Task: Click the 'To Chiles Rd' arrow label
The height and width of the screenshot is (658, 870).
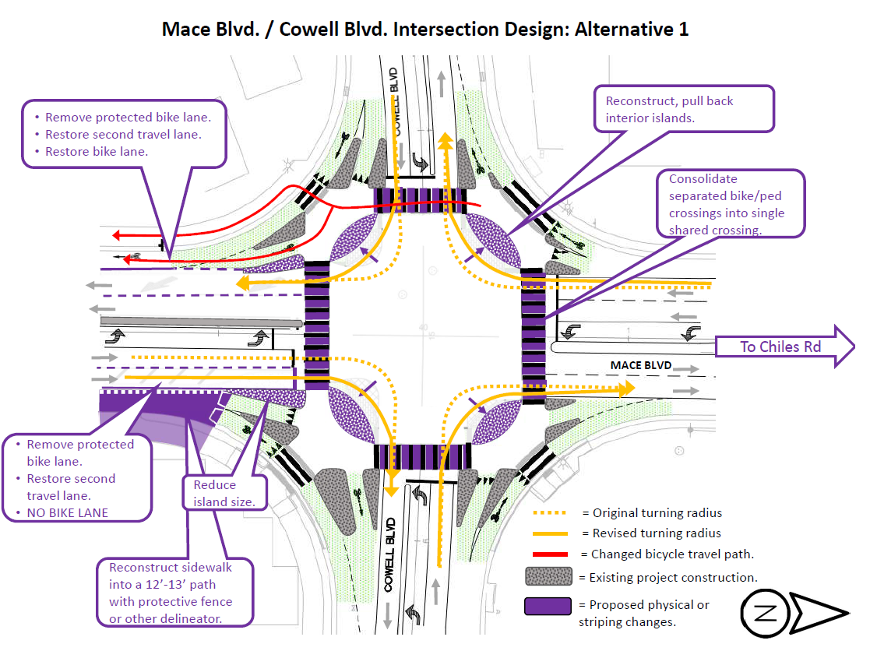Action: (780, 347)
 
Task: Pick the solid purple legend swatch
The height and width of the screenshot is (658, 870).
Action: (549, 607)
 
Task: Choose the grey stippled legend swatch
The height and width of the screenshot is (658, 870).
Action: (549, 577)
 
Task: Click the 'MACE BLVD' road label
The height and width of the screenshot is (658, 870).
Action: (642, 364)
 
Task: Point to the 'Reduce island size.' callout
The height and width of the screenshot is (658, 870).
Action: (224, 493)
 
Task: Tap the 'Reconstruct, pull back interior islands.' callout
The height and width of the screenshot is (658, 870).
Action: (689, 109)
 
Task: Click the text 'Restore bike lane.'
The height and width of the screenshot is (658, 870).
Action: (96, 151)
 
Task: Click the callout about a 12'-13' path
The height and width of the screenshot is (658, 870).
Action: (175, 592)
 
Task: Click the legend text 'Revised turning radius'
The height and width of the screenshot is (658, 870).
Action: (657, 533)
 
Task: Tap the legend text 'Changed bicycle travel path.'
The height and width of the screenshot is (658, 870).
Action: (672, 554)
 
